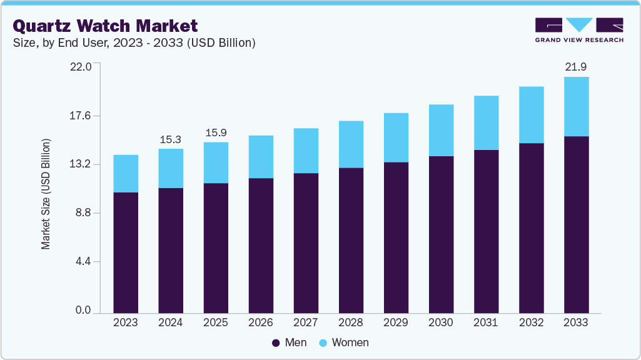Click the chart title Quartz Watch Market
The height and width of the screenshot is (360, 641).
105,26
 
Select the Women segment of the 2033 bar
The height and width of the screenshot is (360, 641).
576,106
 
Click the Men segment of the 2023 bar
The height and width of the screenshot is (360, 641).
126,252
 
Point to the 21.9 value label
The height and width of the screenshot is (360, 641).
576,67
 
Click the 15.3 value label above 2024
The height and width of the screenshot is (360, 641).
171,139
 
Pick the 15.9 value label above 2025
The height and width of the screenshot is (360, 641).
216,132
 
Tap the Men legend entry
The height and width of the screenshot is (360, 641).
289,342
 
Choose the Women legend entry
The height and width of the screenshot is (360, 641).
343,342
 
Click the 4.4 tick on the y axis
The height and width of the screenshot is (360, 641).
83,261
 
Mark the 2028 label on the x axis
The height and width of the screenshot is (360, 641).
351,322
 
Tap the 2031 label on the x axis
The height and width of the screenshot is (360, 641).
486,322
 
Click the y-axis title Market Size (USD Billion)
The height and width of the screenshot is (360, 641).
46,194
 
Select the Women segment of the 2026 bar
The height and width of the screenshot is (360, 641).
261,157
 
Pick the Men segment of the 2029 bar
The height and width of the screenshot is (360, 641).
396,237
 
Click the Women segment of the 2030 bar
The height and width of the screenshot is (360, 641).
441,130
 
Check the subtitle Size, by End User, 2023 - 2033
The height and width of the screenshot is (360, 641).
134,42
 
